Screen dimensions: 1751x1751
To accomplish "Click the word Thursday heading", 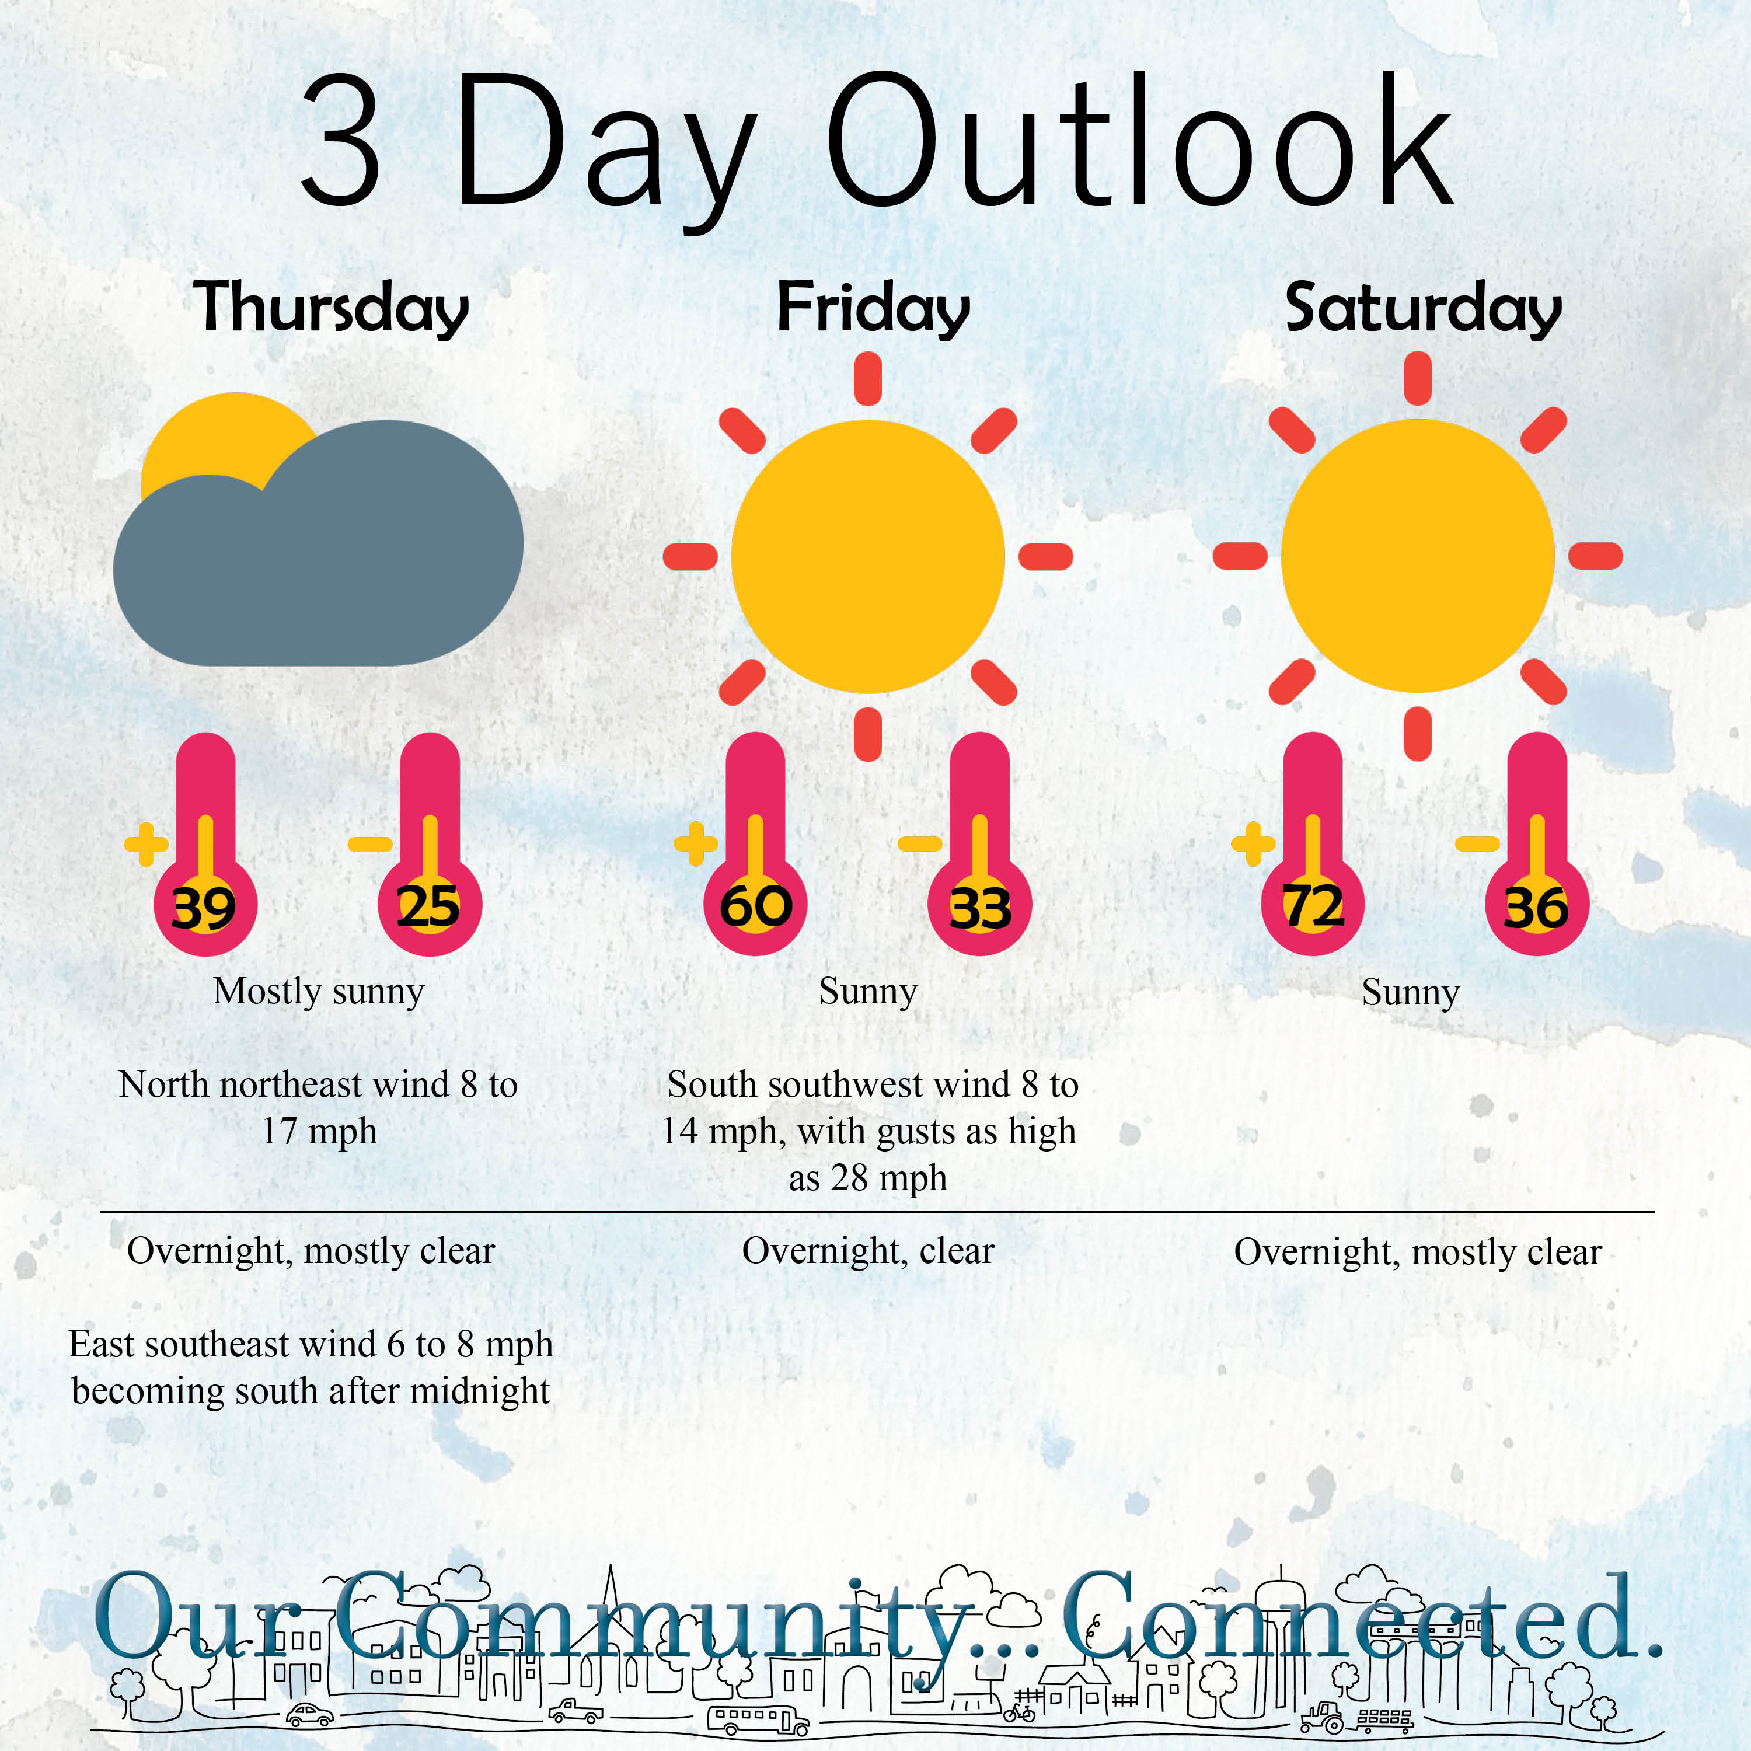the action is coord(331,308).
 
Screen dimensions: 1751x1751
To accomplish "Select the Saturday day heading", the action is coord(1424,308).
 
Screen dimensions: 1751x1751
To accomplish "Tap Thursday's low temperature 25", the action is coord(428,907).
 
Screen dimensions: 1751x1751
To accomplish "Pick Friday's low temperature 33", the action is coord(980,908).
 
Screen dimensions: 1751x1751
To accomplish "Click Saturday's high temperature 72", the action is coord(1313,907).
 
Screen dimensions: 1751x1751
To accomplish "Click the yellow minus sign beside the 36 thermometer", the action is coord(1477,845).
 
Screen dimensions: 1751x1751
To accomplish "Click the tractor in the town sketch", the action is coord(1323,1715).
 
